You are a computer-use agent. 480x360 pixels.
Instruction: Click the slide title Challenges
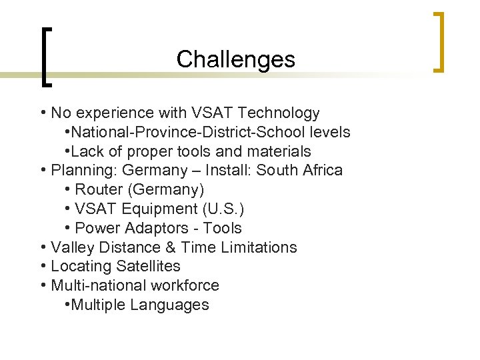pos(235,60)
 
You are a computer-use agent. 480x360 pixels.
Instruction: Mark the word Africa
pos(323,171)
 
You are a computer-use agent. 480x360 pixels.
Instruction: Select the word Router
pos(100,190)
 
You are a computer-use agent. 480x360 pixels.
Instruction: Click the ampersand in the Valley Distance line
pos(169,248)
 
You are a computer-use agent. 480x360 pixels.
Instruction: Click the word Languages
pos(170,305)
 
